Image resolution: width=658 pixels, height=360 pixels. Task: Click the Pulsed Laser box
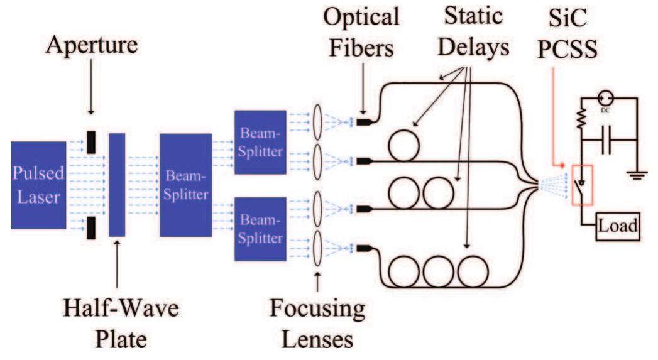tap(38, 184)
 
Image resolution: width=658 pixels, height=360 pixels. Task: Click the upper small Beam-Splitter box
tap(260, 142)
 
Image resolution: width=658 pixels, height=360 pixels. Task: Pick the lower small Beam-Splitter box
tap(260, 229)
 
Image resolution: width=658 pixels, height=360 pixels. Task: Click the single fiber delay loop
tap(406, 146)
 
